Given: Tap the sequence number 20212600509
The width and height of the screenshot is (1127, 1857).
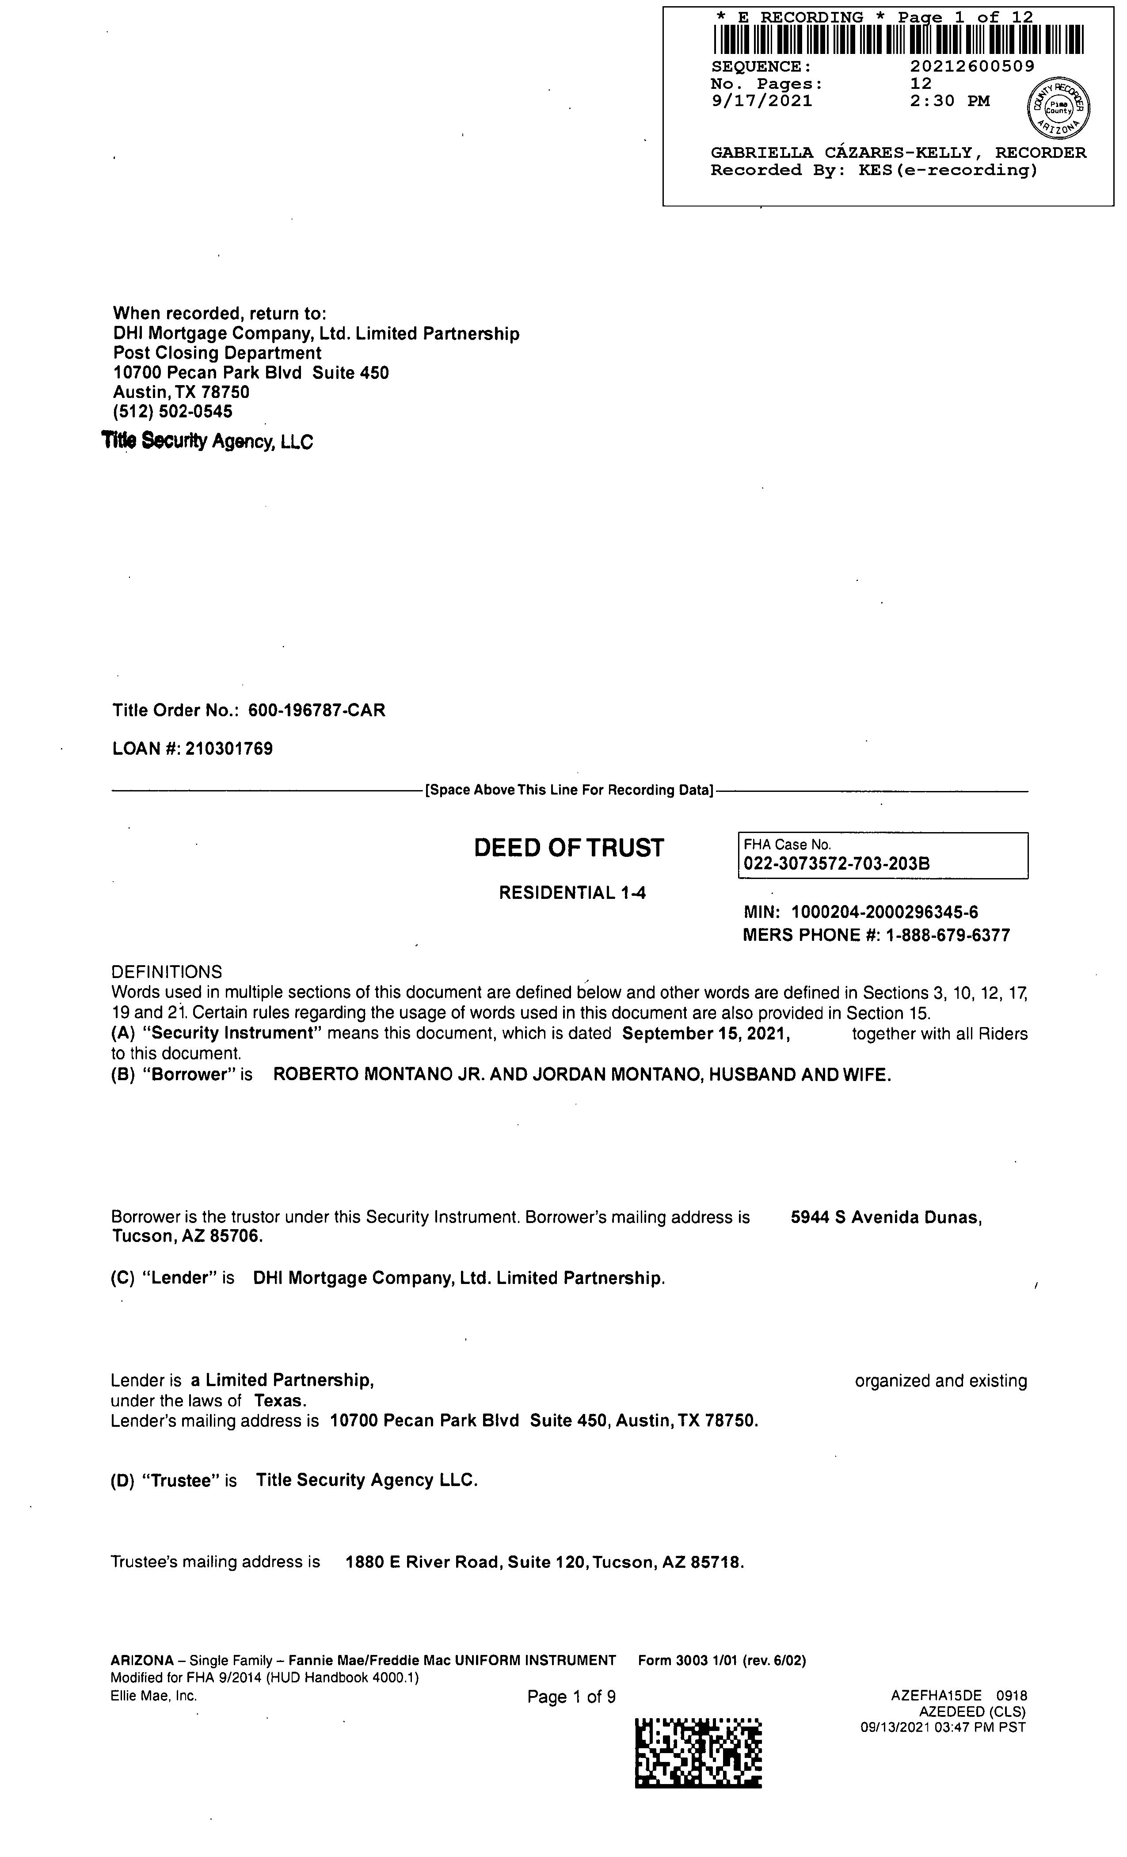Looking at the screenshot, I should pos(972,66).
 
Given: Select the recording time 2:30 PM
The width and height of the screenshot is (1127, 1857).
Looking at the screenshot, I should pos(949,101).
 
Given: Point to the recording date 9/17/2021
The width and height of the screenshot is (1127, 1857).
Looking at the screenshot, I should pos(761,101).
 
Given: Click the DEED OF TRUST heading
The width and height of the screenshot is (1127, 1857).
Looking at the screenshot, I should pos(569,848).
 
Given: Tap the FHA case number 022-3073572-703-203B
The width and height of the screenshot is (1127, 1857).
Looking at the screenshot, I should pos(836,864).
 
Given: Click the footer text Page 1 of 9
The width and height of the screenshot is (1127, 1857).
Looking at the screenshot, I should pos(571,1697).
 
